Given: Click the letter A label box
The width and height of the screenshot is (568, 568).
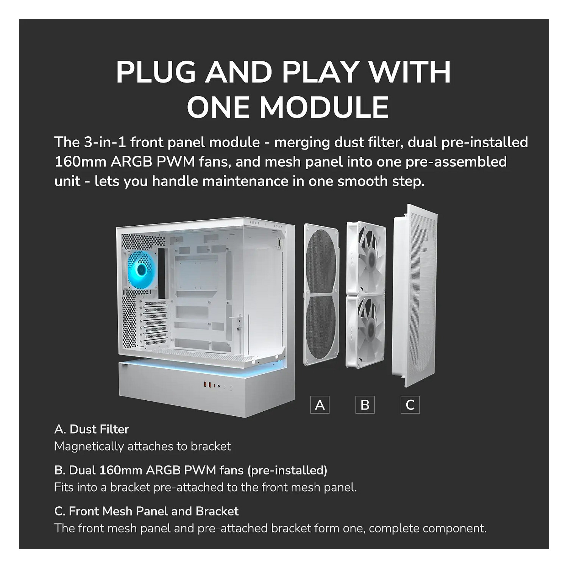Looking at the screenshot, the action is click(x=320, y=405).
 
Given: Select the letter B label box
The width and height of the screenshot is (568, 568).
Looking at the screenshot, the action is click(x=365, y=405).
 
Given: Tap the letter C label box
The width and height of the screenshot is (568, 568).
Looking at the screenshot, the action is click(x=410, y=405).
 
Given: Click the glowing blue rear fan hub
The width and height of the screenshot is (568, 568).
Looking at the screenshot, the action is click(x=142, y=269).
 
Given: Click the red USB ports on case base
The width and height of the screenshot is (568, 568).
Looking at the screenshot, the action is click(x=208, y=385).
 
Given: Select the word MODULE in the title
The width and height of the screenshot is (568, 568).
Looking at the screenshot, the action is click(x=324, y=107).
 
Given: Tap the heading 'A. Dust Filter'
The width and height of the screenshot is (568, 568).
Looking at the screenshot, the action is click(x=92, y=429).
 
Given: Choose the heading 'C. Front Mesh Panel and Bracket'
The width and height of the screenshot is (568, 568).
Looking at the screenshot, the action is click(x=147, y=511).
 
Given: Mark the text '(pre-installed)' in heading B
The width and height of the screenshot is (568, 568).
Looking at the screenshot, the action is click(x=287, y=470).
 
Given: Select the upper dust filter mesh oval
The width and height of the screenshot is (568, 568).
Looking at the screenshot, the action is click(x=321, y=262).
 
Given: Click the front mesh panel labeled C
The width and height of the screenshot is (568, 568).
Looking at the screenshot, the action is click(x=414, y=296).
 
